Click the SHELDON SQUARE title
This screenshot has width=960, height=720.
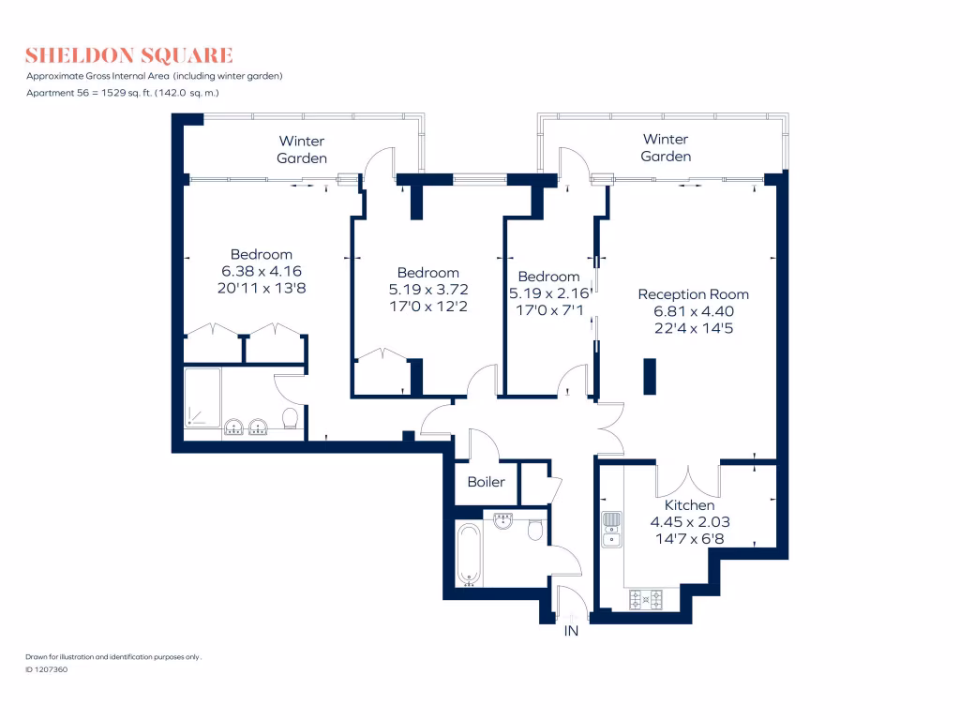(129, 54)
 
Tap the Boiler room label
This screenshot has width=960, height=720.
(486, 482)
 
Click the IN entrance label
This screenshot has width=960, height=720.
(571, 632)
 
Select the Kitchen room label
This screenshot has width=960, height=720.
(689, 505)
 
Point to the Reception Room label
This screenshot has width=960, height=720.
(693, 293)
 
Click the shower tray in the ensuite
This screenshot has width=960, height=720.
(202, 397)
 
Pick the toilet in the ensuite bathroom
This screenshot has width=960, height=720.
(291, 419)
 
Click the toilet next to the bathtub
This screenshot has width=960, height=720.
(535, 531)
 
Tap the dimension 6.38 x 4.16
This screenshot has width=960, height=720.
(262, 271)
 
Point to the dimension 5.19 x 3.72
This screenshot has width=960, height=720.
(427, 290)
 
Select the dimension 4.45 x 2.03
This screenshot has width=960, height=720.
(689, 522)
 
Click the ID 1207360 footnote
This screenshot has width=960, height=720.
(46, 669)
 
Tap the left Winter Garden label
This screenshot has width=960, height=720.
(302, 149)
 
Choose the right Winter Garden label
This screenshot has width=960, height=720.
(666, 147)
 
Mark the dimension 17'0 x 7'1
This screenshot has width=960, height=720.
(548, 305)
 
